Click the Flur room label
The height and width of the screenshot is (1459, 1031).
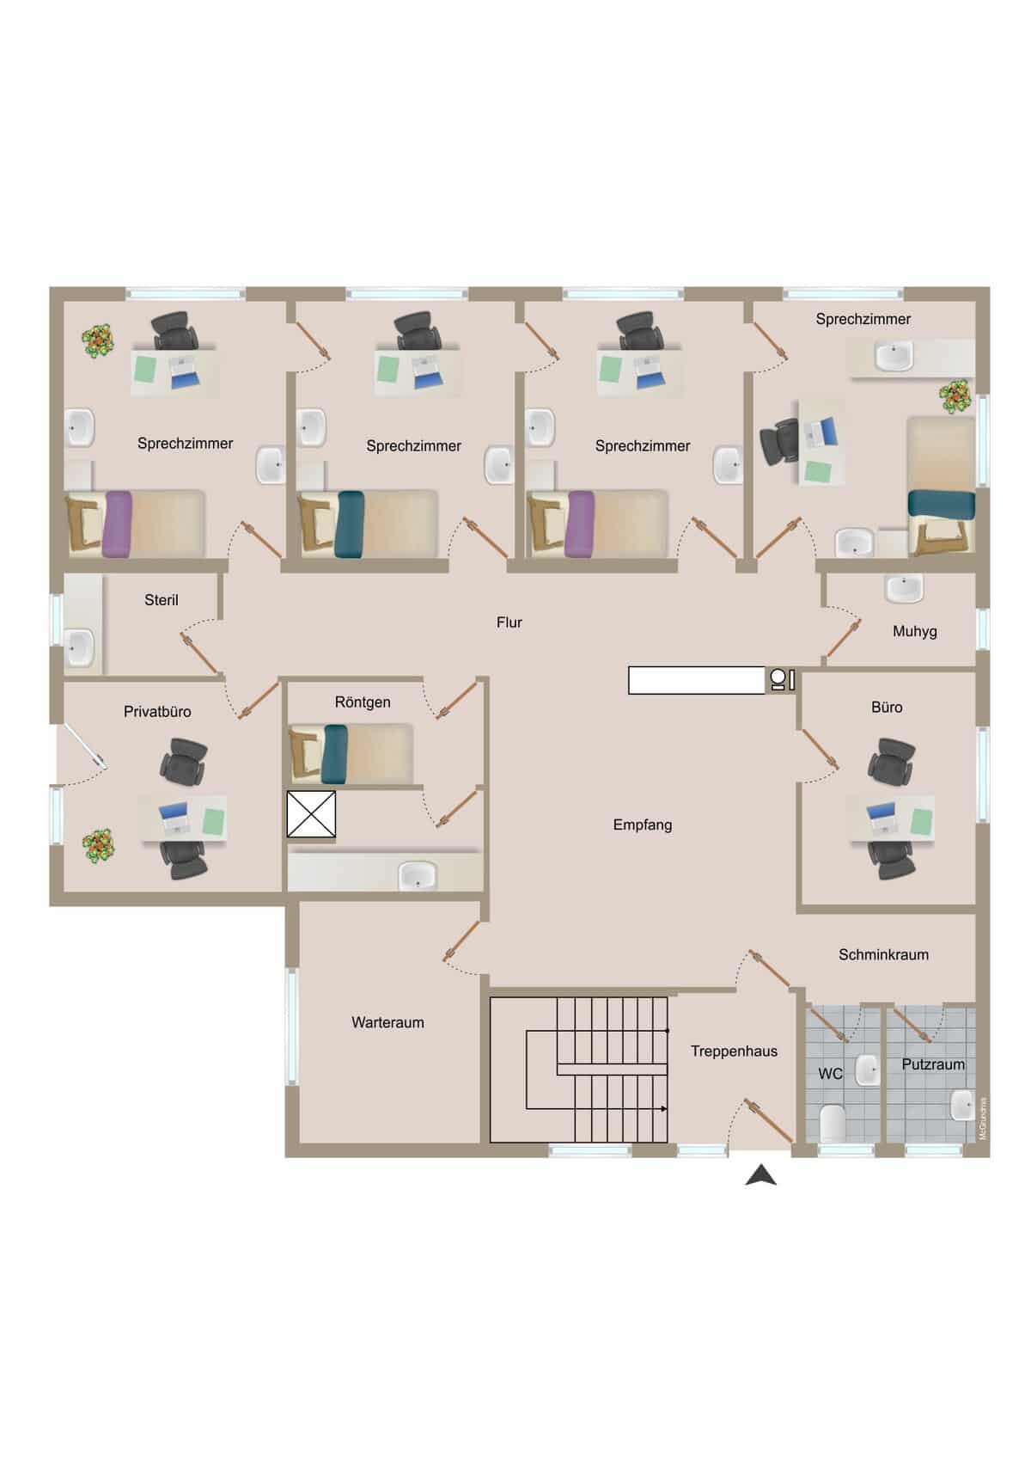509,622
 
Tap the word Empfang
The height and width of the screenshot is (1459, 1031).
643,825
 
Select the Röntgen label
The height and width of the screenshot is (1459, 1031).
363,702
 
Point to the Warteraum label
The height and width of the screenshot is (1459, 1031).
387,1022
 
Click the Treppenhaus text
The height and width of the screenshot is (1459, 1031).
735,1051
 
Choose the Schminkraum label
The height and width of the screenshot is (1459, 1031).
883,955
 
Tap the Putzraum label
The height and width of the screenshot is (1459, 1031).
933,1064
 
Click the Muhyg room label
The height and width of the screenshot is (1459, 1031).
914,631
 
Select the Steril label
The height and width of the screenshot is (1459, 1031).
161,600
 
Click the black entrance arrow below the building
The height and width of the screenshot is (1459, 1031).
761,1175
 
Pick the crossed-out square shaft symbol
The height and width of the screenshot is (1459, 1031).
311,814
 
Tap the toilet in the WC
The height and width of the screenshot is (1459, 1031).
833,1124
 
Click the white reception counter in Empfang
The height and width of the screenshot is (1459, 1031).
696,680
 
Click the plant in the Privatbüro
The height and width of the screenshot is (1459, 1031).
99,846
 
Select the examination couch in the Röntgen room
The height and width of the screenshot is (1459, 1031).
351,754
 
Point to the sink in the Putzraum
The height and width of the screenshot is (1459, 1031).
962,1106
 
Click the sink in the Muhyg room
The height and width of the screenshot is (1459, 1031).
904,588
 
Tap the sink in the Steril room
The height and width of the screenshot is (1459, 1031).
79,647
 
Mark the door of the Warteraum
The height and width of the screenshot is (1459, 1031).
462,941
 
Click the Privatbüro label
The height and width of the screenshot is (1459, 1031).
157,712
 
